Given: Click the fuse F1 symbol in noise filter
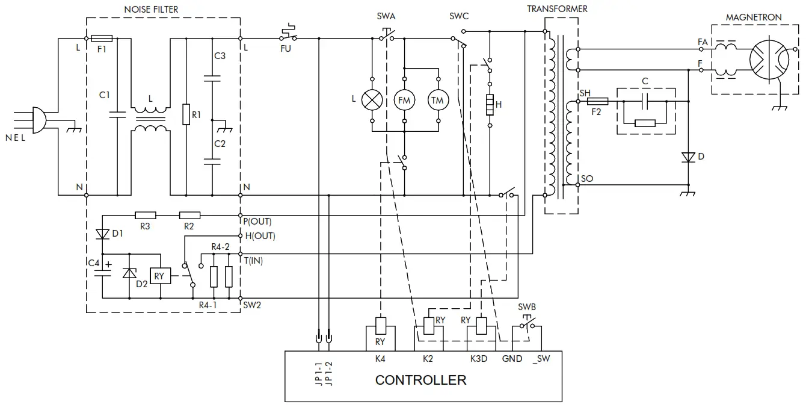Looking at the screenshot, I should click(101, 38).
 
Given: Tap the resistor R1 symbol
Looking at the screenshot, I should click(186, 114).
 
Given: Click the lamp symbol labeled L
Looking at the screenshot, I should click(372, 100).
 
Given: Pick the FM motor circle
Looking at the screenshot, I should click(404, 100).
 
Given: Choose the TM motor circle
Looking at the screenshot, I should click(437, 100).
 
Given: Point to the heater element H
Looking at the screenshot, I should click(490, 104).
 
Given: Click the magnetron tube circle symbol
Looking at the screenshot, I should click(769, 60).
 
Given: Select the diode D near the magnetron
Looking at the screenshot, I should click(688, 158).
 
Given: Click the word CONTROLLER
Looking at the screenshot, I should click(420, 381).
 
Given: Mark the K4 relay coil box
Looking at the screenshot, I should click(380, 326).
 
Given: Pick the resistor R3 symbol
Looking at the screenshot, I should click(146, 215).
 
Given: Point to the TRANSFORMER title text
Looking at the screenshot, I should click(557, 9).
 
